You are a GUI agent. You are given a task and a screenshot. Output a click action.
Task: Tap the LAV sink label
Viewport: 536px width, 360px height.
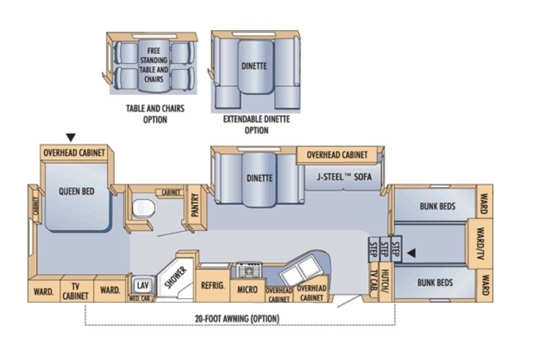(x=142, y=285)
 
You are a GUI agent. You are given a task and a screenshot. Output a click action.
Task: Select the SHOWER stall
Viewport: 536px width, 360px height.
(x=175, y=277)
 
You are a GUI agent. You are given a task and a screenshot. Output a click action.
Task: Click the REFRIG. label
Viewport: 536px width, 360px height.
(x=213, y=285)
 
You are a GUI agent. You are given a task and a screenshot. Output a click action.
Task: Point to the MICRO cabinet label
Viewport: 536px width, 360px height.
(x=247, y=290)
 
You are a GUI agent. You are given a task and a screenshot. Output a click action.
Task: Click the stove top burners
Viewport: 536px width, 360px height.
(x=249, y=271)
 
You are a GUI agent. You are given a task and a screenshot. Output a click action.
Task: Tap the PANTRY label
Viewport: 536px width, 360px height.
(x=195, y=205)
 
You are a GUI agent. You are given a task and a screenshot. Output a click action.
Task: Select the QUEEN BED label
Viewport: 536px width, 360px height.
(x=77, y=191)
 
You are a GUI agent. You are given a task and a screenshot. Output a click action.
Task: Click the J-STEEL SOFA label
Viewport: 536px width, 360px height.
(x=344, y=177)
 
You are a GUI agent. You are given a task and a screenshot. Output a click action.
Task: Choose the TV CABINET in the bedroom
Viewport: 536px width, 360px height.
(x=75, y=290)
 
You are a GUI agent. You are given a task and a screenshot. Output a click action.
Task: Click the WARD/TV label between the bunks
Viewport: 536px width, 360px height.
(x=481, y=243)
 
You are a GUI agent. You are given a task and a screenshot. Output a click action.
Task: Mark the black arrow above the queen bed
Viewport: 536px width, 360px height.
(x=71, y=138)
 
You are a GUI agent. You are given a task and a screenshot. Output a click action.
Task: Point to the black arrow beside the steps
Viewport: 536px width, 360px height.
(x=411, y=253)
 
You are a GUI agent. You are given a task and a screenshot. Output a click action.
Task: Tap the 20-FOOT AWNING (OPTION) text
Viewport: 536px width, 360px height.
(x=237, y=319)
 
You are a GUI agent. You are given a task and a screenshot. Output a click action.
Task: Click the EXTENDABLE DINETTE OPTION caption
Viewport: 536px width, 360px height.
(x=257, y=125)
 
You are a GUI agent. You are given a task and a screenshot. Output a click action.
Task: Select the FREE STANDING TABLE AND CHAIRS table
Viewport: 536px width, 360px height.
(x=154, y=66)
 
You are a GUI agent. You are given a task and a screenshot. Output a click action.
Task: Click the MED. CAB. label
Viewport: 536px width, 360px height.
(x=140, y=298)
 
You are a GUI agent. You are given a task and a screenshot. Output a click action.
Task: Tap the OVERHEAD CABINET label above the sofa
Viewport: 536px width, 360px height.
(x=337, y=155)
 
